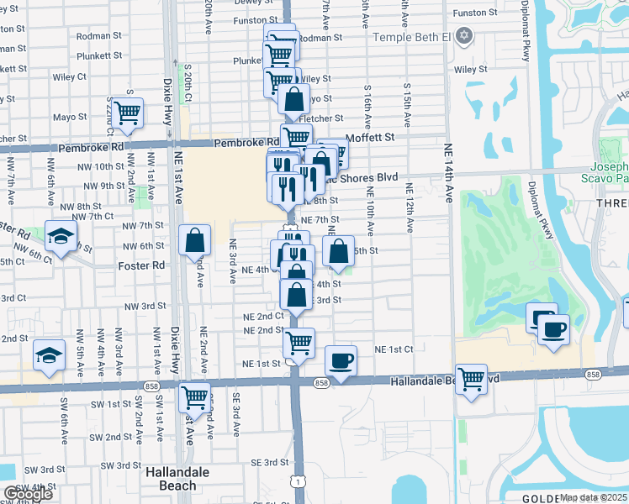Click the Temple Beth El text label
[412, 37]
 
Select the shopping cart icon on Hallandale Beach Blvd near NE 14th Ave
[472, 380]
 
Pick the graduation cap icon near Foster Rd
[61, 237]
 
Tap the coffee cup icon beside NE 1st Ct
[341, 361]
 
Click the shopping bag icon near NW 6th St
[195, 241]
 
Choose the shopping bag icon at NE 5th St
[338, 251]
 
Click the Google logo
[28, 494]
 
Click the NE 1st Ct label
[394, 349]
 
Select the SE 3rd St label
[269, 463]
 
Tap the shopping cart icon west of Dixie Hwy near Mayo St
[127, 112]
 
